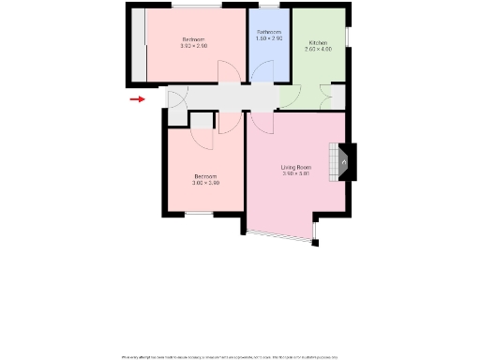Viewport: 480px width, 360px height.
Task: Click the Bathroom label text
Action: [x=268, y=33]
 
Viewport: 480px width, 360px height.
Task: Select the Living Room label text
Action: [x=296, y=167]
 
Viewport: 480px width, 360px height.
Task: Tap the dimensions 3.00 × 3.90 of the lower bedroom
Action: [x=206, y=183]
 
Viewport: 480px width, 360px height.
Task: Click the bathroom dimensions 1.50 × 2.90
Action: [x=268, y=39]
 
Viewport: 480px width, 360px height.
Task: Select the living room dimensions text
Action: [x=296, y=173]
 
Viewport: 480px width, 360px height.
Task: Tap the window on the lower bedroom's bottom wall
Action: [x=199, y=215]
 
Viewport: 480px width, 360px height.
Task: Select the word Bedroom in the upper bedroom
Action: [x=193, y=38]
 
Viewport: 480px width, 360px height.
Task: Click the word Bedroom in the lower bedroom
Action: [x=206, y=176]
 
